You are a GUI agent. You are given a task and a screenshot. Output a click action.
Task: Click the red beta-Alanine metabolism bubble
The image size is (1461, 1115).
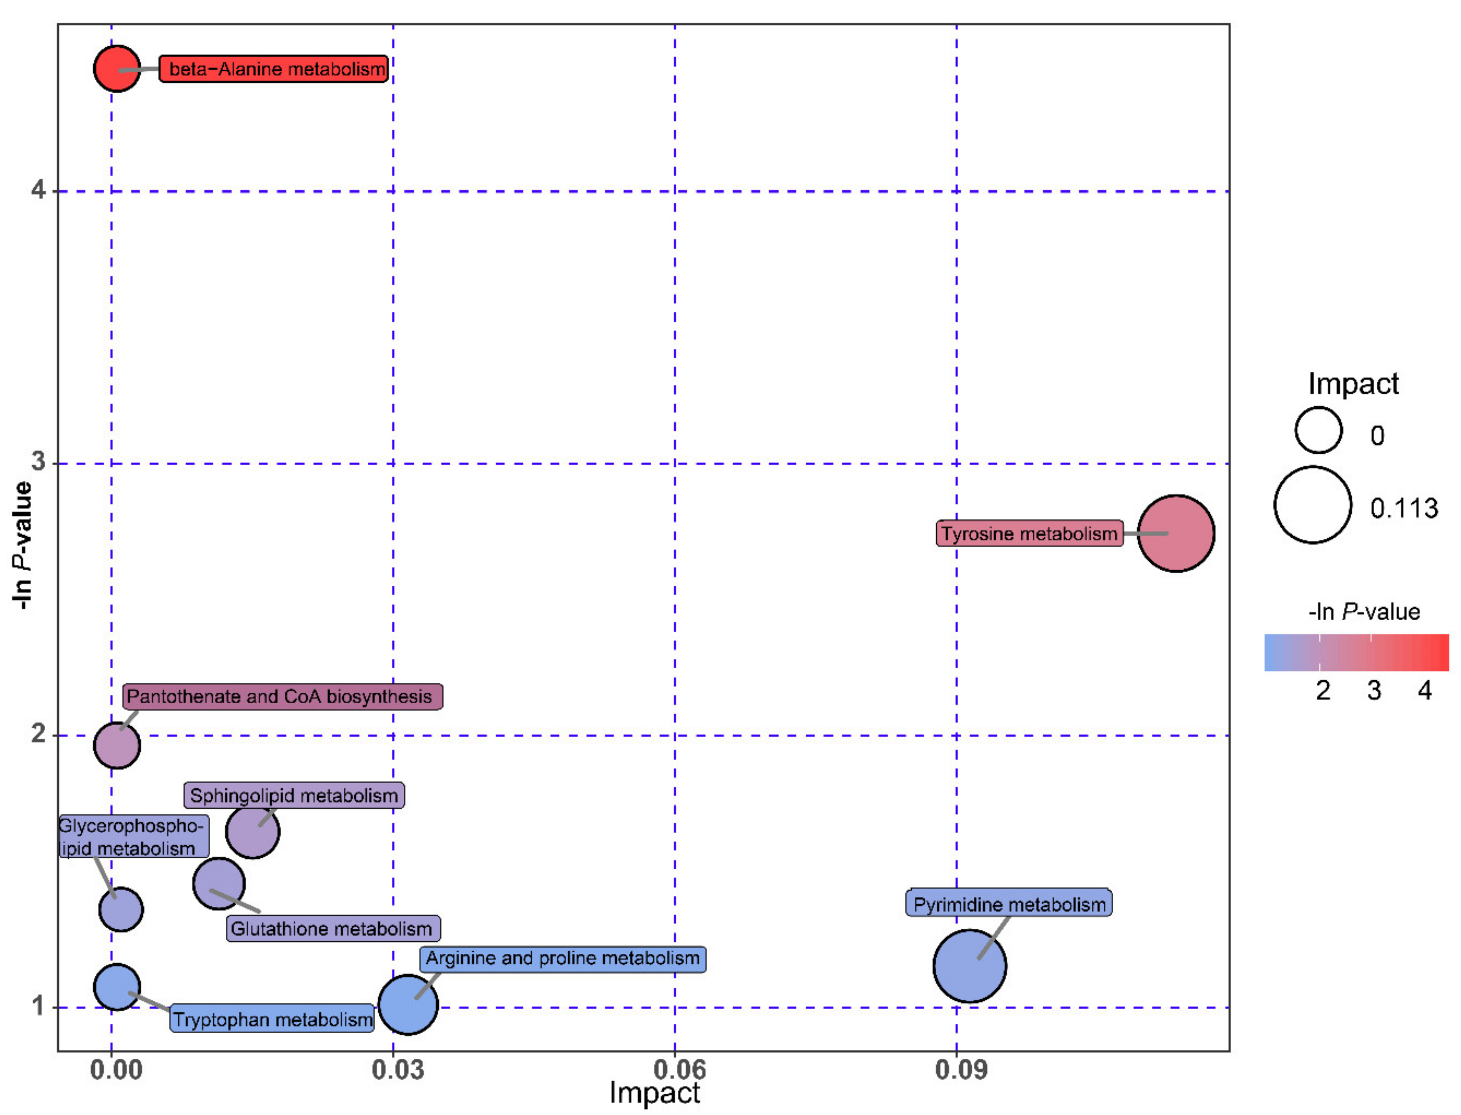(117, 68)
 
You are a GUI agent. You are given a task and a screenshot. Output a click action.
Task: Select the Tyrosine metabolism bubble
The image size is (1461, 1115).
(1176, 533)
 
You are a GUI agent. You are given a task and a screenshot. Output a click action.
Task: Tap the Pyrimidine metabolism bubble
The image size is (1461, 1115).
(969, 966)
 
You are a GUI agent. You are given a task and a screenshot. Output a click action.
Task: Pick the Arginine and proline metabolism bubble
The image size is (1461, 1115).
(408, 1004)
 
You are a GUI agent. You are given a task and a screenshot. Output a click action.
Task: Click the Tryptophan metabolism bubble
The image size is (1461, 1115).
(117, 987)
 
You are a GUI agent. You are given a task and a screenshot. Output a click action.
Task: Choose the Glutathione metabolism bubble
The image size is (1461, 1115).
(218, 883)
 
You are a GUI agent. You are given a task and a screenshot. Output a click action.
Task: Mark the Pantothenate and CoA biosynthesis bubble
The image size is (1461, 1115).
(117, 745)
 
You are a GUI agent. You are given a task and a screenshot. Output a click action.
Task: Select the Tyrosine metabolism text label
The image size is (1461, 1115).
(1029, 533)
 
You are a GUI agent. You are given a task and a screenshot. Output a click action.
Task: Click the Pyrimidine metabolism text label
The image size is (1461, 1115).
(1009, 904)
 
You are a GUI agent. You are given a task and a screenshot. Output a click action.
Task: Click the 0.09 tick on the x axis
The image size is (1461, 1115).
(960, 1069)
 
